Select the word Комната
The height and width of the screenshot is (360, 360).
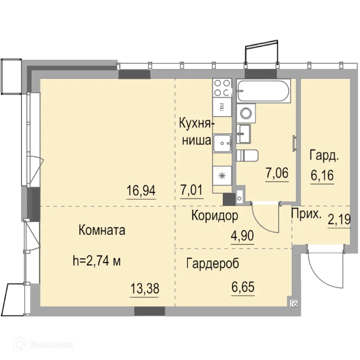[102, 230]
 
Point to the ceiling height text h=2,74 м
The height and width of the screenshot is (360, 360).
[96, 261]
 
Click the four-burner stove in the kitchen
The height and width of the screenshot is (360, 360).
[222, 87]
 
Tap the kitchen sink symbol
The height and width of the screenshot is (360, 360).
[222, 143]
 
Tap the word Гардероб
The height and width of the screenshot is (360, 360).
[212, 264]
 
